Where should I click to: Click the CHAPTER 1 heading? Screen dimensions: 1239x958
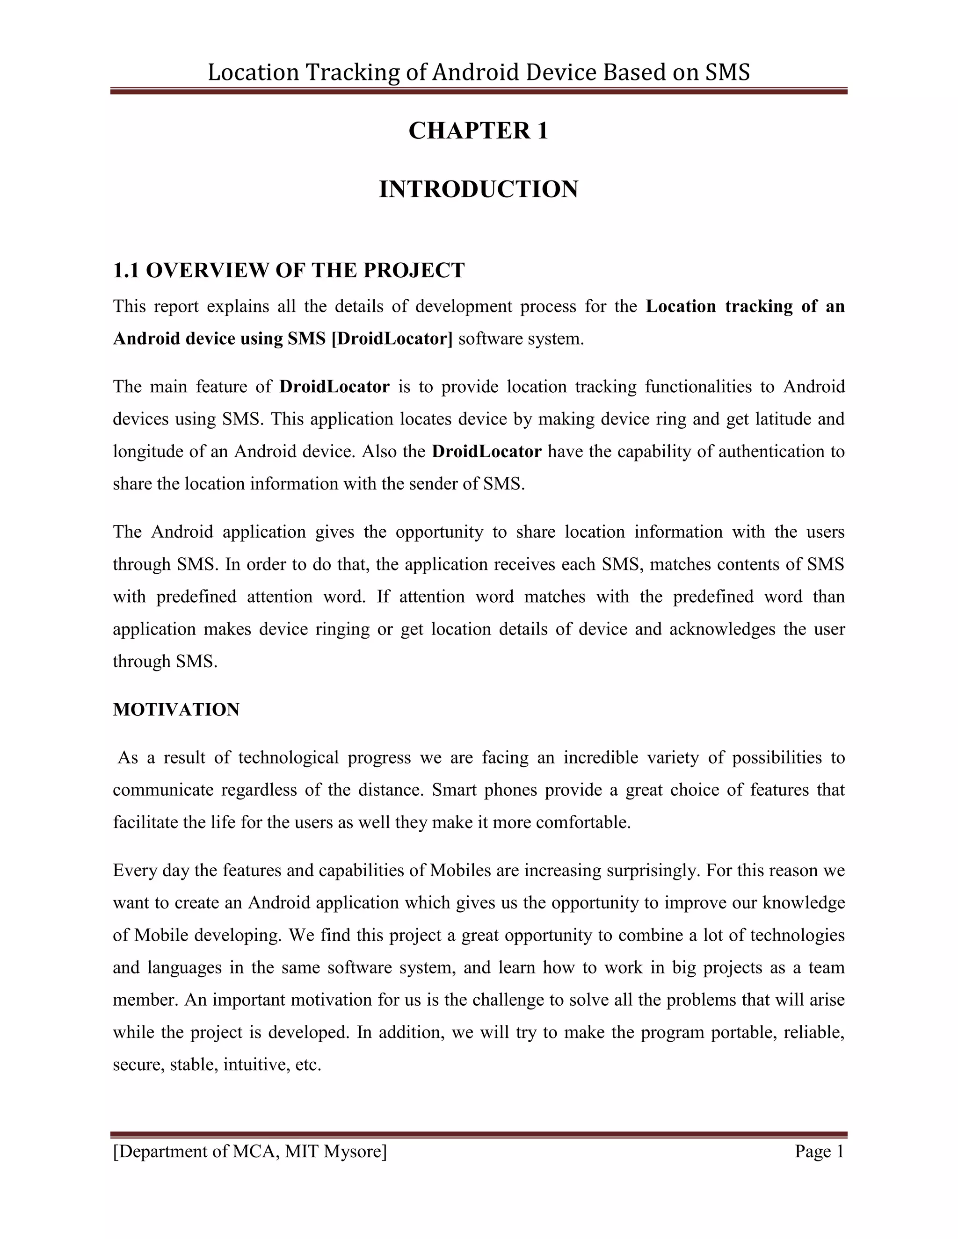[x=479, y=131]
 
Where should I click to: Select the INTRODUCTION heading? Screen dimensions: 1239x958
[x=479, y=189]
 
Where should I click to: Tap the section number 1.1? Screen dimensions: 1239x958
[x=125, y=271]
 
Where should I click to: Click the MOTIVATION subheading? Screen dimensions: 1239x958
[x=176, y=710]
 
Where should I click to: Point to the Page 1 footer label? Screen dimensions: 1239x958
[x=820, y=1152]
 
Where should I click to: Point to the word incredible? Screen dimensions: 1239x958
[x=601, y=758]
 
